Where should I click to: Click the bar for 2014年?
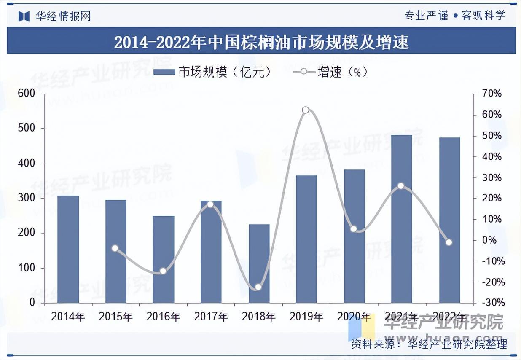(x=68, y=249)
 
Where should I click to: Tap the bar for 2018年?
(x=259, y=263)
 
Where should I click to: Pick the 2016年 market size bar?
(x=164, y=259)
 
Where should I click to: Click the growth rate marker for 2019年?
(x=306, y=110)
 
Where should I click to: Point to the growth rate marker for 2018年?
(x=258, y=287)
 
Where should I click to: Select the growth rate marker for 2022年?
(x=449, y=242)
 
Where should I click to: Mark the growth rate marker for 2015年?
(x=115, y=248)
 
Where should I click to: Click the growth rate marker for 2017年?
(x=211, y=205)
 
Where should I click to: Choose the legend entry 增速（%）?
(x=331, y=72)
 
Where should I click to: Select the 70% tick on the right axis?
(x=491, y=94)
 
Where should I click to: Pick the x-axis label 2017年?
(x=211, y=317)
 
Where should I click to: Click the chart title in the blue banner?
(x=261, y=42)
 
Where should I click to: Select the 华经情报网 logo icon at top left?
(x=24, y=16)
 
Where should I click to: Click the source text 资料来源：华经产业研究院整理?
(x=429, y=344)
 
